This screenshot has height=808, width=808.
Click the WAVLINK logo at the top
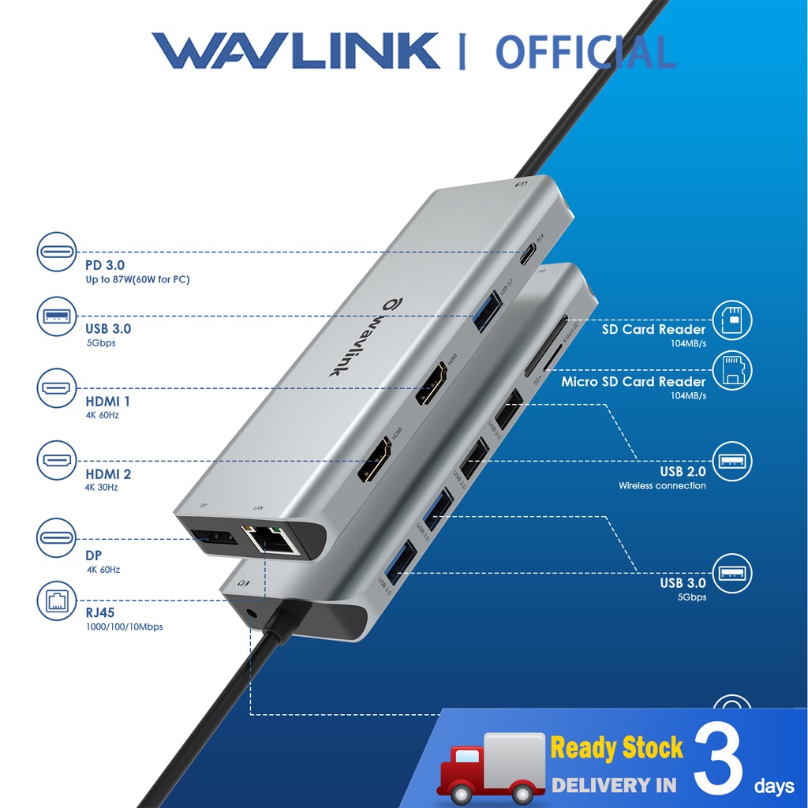coord(296,51)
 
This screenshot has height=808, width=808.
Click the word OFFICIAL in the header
coord(585,52)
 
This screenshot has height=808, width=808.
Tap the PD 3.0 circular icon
coord(57,253)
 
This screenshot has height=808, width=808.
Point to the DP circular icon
coord(57,538)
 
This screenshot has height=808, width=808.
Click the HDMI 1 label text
coord(108,402)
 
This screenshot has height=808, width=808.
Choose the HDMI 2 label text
coord(108,474)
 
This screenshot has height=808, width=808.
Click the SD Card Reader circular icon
coord(731,320)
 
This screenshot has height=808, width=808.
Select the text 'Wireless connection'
coord(662,486)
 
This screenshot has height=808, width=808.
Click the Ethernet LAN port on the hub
coord(268,541)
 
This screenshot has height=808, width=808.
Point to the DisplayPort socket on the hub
coord(214,540)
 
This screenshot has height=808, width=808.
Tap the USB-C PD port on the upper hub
coord(527,254)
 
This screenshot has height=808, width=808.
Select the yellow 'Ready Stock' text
coord(616,748)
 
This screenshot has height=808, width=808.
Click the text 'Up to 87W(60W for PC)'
coord(137,280)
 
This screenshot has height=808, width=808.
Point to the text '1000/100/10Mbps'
coord(124,627)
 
